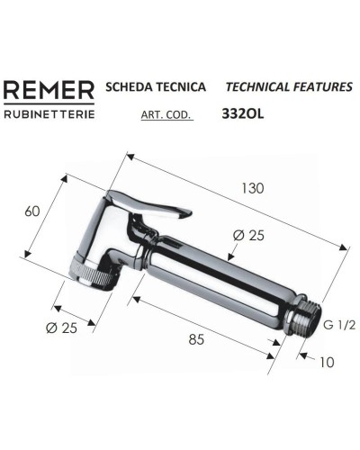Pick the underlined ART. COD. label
coord(166,114)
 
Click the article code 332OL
coord(242,114)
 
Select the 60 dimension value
coord(32,211)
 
